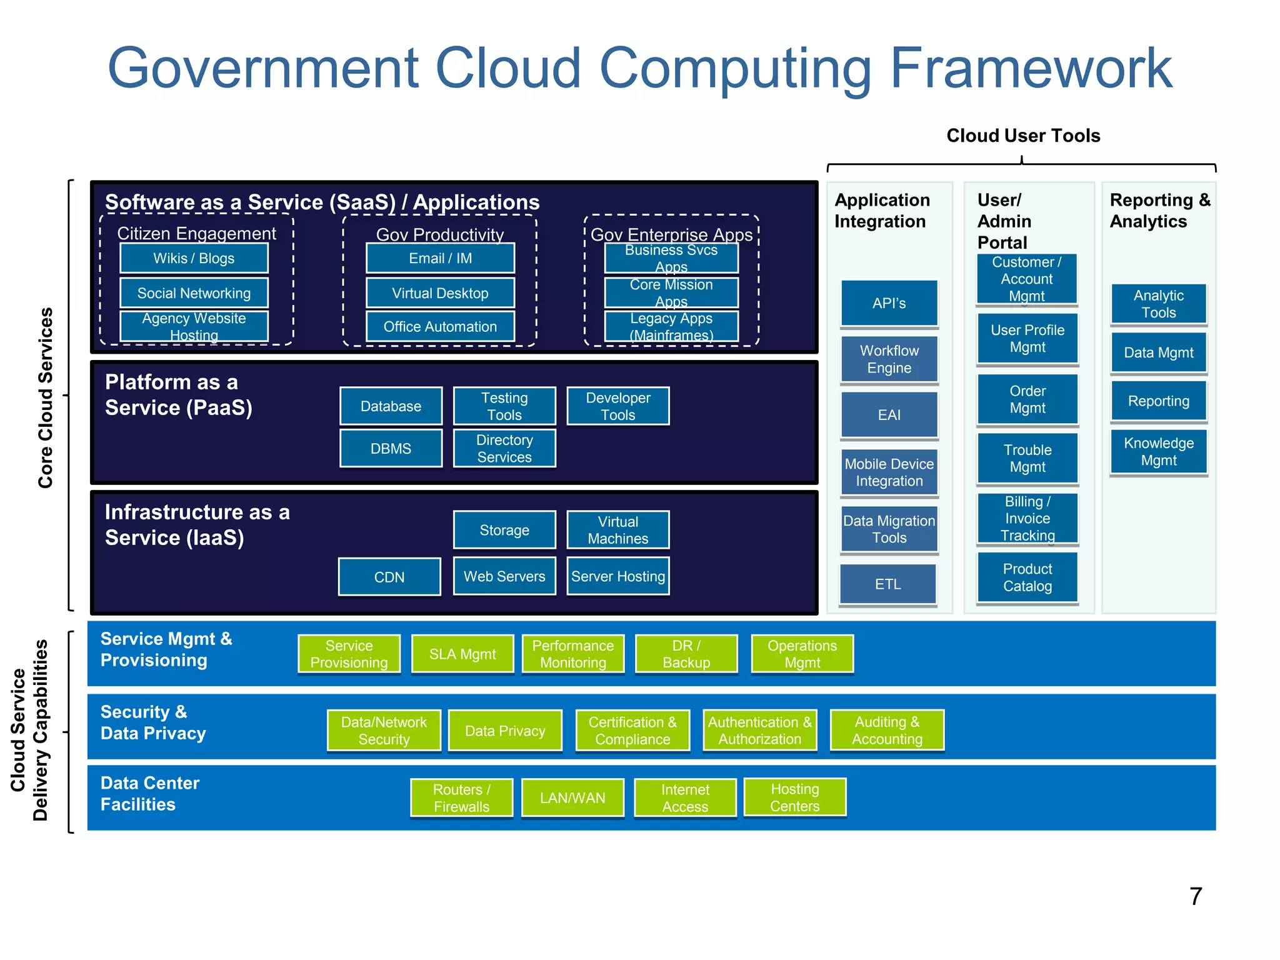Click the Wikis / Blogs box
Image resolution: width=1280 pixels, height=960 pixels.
tap(194, 258)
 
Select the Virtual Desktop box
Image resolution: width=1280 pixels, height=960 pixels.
tap(440, 293)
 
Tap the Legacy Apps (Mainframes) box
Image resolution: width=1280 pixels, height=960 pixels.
tap(671, 326)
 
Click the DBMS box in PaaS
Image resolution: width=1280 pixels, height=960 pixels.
tap(391, 448)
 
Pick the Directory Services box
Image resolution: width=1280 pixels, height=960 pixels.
tap(504, 448)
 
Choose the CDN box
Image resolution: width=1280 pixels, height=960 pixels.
tap(389, 577)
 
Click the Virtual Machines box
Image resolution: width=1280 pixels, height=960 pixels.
tap(617, 530)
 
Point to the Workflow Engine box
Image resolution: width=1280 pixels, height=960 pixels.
tap(889, 359)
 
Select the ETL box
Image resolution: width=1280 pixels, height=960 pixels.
tap(887, 584)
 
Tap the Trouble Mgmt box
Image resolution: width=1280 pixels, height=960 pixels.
tap(1027, 458)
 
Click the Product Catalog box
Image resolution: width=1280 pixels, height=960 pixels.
tap(1027, 577)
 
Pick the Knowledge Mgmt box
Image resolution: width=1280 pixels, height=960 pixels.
tap(1158, 451)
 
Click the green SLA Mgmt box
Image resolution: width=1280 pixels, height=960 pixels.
tap(462, 654)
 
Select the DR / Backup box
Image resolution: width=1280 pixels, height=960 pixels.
tap(686, 654)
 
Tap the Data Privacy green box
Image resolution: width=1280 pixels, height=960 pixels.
tap(505, 731)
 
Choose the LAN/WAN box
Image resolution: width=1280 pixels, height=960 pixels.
tap(572, 797)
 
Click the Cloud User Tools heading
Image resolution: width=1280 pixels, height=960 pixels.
tap(1022, 136)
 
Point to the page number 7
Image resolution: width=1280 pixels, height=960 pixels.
tap(1195, 896)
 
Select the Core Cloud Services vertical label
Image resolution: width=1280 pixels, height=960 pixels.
tap(45, 397)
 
